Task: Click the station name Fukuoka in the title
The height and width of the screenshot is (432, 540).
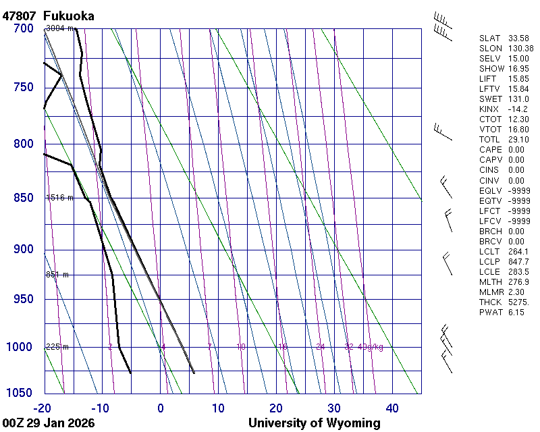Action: pos(68,16)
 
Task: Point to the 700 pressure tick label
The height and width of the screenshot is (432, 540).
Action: pos(23,28)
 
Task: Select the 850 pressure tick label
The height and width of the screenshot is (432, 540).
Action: pos(23,198)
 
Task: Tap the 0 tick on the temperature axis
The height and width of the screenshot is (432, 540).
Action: pos(161,408)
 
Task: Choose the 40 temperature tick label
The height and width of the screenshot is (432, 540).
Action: pos(393,408)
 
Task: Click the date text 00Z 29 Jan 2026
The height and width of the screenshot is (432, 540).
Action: pos(49,423)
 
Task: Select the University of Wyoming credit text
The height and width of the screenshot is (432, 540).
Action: pos(315,423)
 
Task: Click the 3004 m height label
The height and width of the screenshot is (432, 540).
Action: pos(59,28)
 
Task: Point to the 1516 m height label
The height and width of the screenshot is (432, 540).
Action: pos(59,198)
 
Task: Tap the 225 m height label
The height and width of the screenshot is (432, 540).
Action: pos(57,347)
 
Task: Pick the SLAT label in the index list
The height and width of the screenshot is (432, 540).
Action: pos(491,38)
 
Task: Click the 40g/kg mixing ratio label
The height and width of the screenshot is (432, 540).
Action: pos(370,347)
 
